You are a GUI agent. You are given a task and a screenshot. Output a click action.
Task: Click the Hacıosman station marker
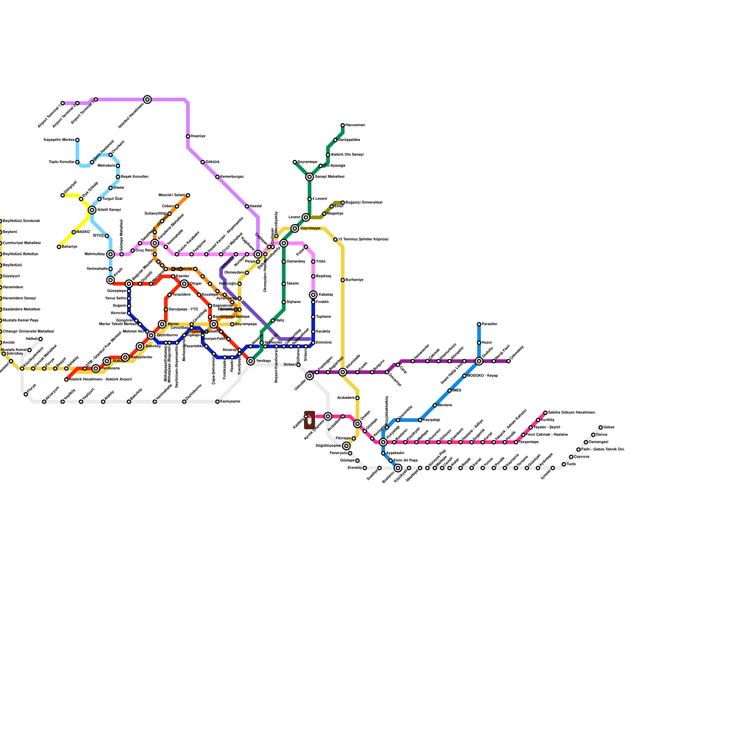click(x=343, y=125)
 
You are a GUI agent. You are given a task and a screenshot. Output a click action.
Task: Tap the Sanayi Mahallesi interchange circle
click(x=310, y=177)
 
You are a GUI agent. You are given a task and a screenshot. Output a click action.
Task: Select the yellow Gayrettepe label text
click(x=310, y=228)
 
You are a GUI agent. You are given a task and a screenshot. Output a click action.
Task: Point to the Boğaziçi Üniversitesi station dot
click(x=343, y=203)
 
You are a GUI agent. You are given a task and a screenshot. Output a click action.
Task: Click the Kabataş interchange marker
click(x=313, y=295)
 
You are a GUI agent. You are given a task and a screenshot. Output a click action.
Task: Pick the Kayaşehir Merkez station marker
click(x=77, y=140)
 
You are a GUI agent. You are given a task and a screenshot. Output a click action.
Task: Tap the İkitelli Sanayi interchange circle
click(x=92, y=210)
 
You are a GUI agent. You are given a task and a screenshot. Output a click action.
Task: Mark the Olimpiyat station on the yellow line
click(x=63, y=195)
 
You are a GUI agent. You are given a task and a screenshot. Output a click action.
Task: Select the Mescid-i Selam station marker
click(x=188, y=195)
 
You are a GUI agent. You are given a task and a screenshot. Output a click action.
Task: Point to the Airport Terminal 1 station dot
click(x=63, y=103)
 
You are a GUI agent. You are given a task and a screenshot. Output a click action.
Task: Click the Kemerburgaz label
click(x=232, y=177)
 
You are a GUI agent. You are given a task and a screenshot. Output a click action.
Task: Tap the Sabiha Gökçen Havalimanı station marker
click(x=545, y=413)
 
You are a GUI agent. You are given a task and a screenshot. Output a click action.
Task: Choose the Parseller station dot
click(x=479, y=324)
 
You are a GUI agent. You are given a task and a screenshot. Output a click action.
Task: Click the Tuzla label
click(x=571, y=464)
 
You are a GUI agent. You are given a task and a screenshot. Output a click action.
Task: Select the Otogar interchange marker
click(x=184, y=284)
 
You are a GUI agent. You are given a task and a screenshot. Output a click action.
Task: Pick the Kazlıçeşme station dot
click(x=217, y=402)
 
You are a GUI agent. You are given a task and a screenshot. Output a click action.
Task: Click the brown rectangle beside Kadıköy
click(x=310, y=420)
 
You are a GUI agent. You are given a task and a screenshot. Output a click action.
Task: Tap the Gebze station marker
click(x=601, y=427)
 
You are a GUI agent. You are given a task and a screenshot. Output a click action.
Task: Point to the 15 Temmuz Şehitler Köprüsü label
click(x=363, y=240)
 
